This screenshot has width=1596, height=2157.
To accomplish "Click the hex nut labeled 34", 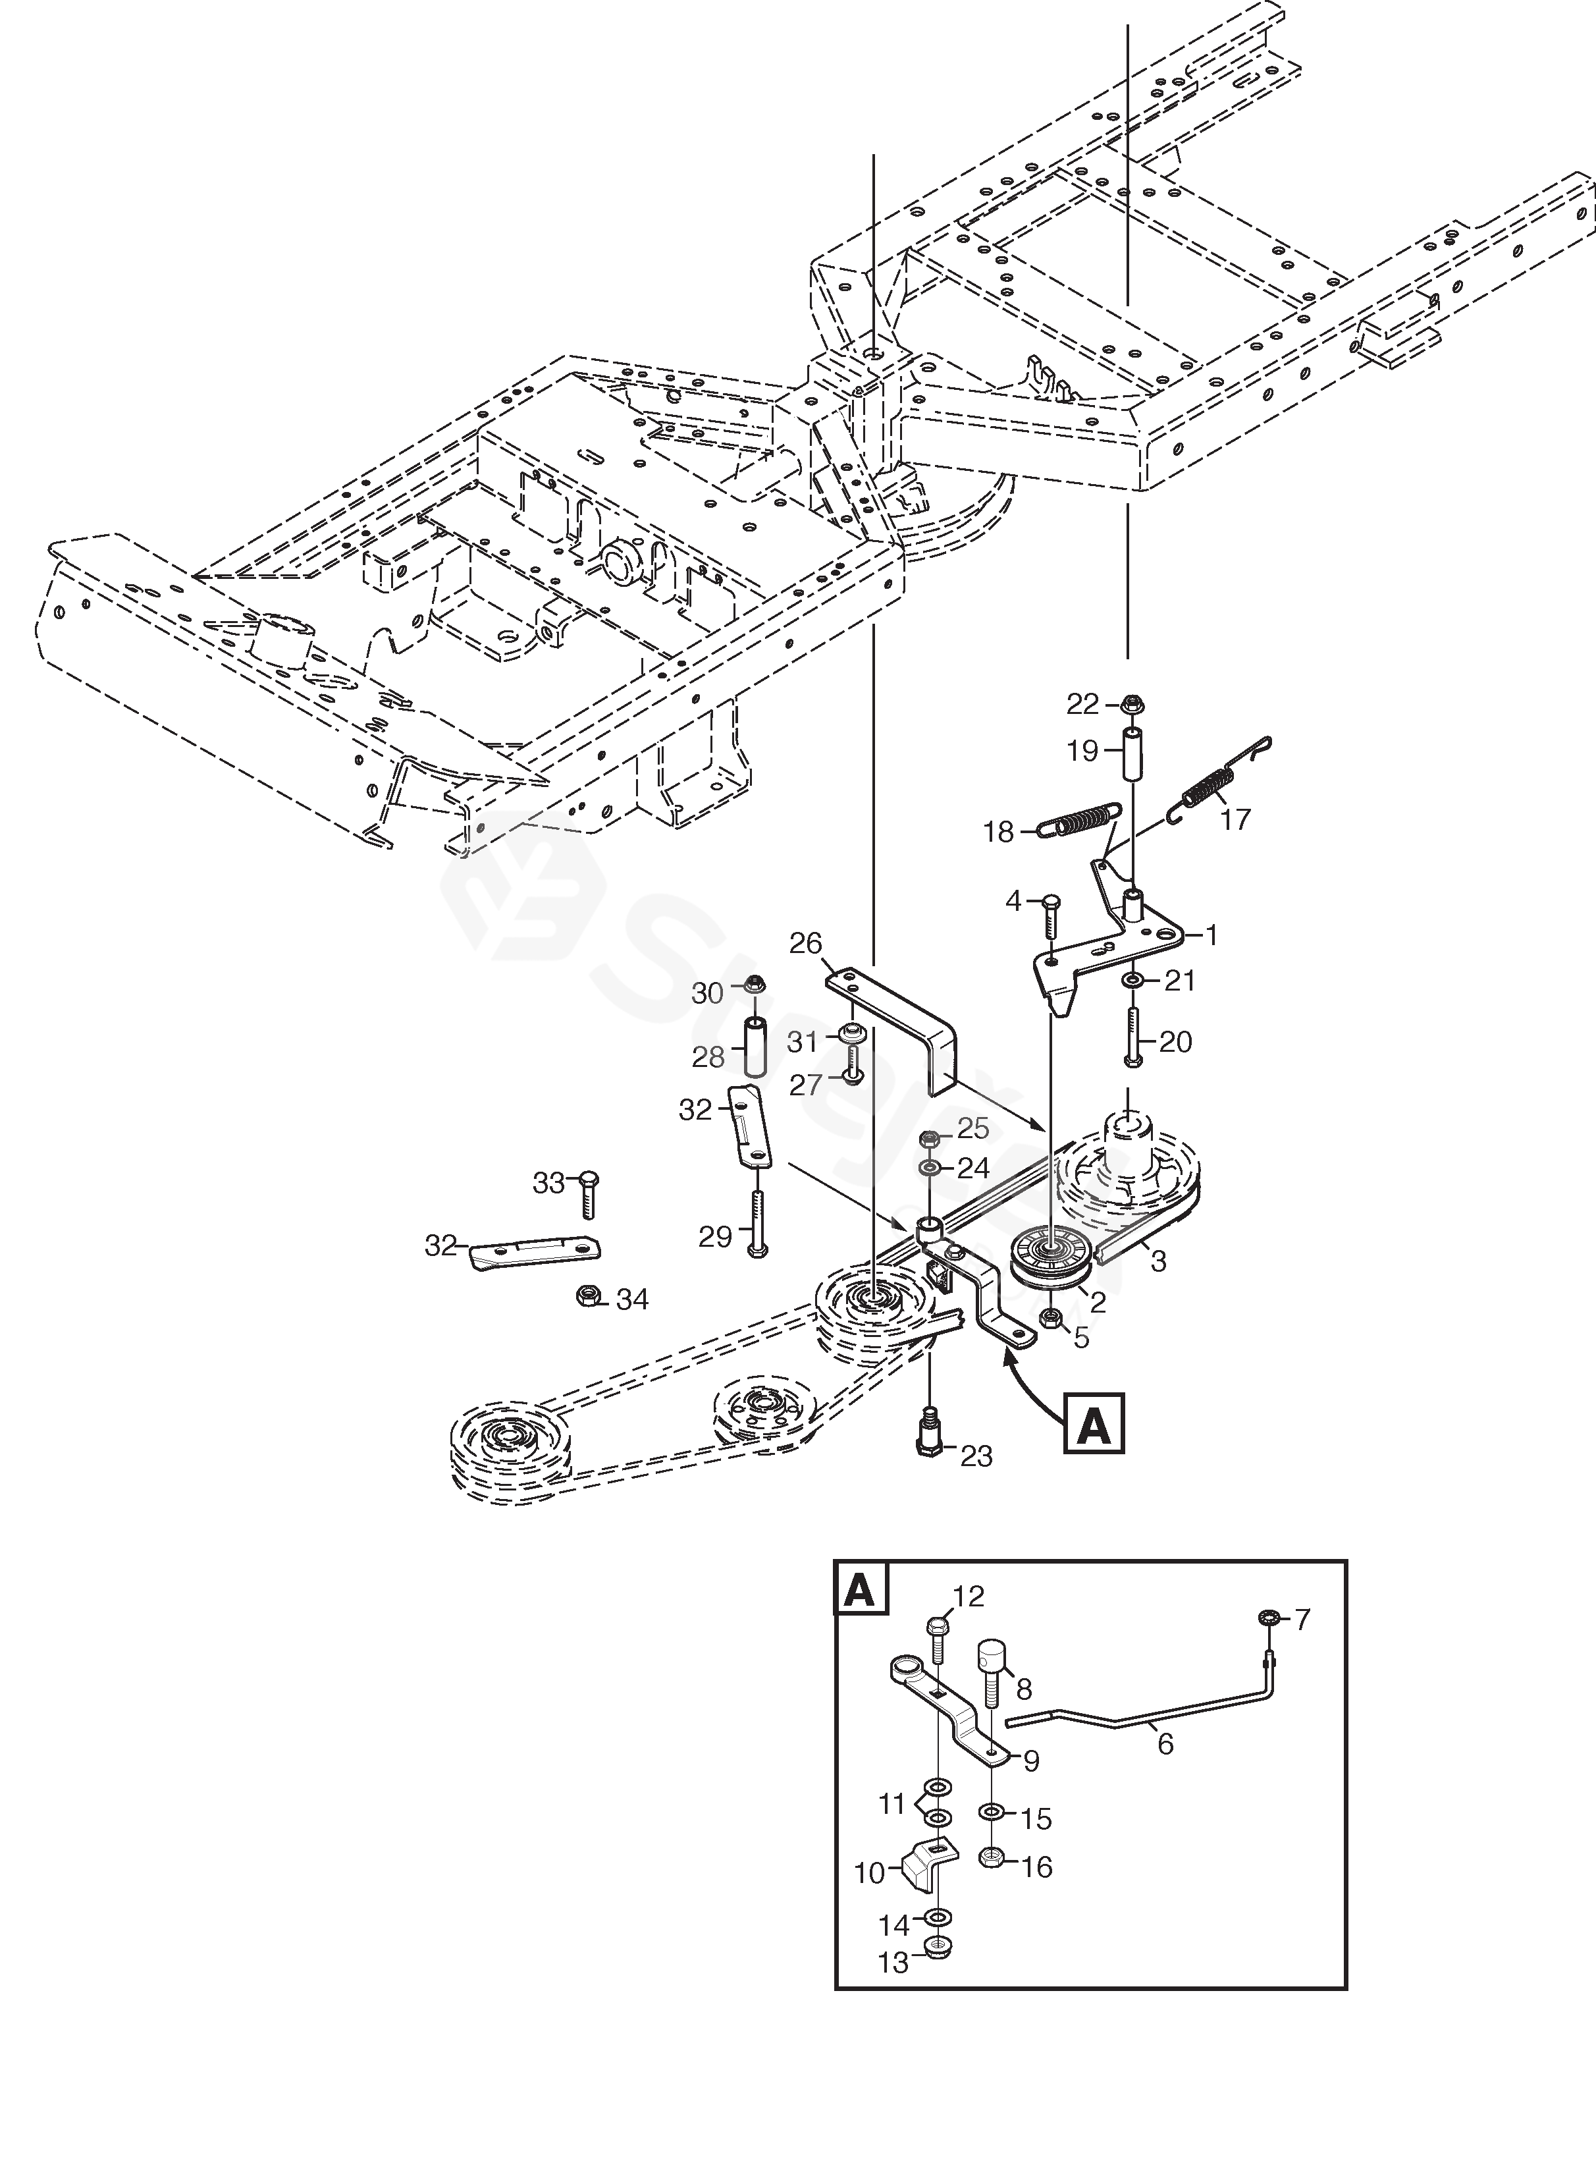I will pos(587,1296).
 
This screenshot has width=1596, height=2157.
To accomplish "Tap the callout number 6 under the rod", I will pos(1165,1744).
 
